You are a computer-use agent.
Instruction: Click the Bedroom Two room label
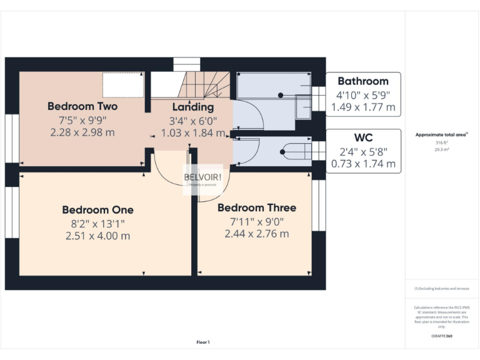point(82,106)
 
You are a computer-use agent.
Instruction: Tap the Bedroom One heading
point(97,210)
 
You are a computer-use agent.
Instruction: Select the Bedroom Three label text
point(257,207)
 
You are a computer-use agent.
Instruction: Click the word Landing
point(193,107)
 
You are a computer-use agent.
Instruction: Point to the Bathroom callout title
point(363,81)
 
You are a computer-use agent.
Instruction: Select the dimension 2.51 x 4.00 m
point(97,236)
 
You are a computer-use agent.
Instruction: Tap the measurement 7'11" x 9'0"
point(257,221)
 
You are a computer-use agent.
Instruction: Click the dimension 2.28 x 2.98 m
point(82,132)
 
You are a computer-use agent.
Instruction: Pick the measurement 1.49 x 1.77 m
point(363,107)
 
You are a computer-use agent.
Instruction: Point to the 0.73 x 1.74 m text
point(363,164)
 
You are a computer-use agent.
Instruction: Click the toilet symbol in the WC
point(294,150)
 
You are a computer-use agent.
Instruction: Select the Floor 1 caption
point(203,342)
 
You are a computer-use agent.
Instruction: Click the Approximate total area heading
point(441,135)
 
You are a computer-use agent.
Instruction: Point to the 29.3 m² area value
point(441,150)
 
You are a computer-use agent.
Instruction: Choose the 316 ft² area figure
point(441,143)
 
